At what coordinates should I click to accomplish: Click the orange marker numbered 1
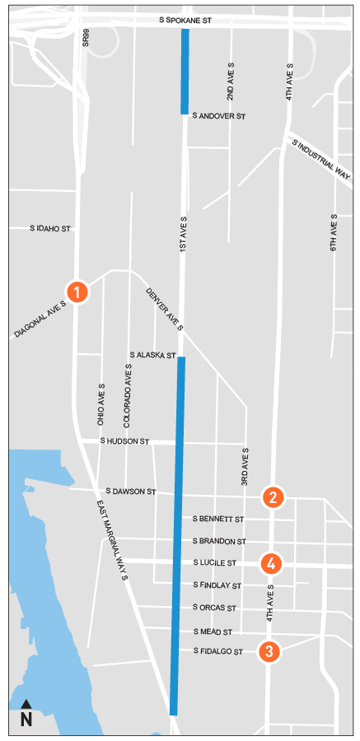77,291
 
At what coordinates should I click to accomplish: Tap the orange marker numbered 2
274,497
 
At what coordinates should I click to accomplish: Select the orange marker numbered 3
268,651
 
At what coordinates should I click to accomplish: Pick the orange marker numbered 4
269,564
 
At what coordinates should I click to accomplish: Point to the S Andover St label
219,117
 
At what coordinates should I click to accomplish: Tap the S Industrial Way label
321,158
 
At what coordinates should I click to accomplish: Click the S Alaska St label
153,355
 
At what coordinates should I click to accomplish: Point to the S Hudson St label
124,442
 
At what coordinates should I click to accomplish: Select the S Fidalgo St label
219,651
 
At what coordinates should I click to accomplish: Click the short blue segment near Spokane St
185,71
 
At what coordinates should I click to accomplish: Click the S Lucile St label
215,563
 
